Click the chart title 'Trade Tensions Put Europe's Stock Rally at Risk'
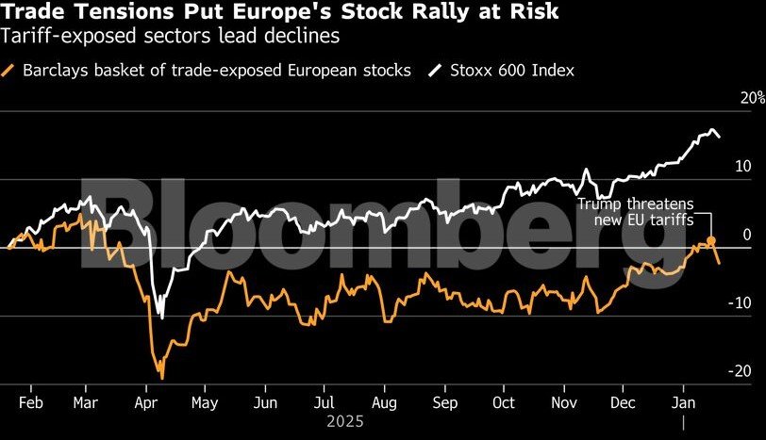tap(279, 12)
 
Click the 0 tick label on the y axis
tap(746, 235)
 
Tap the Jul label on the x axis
tap(324, 401)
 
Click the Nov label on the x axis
tap(563, 401)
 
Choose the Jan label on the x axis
tap(681, 401)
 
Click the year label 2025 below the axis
tap(344, 422)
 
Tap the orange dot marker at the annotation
tap(711, 242)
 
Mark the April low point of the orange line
tap(162, 378)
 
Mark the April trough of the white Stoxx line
tap(161, 318)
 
